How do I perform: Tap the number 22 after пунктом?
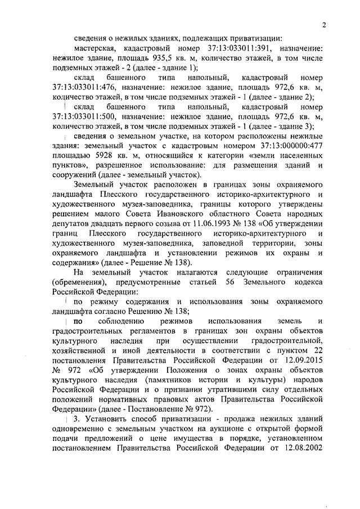pyautogui.click(x=316, y=350)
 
